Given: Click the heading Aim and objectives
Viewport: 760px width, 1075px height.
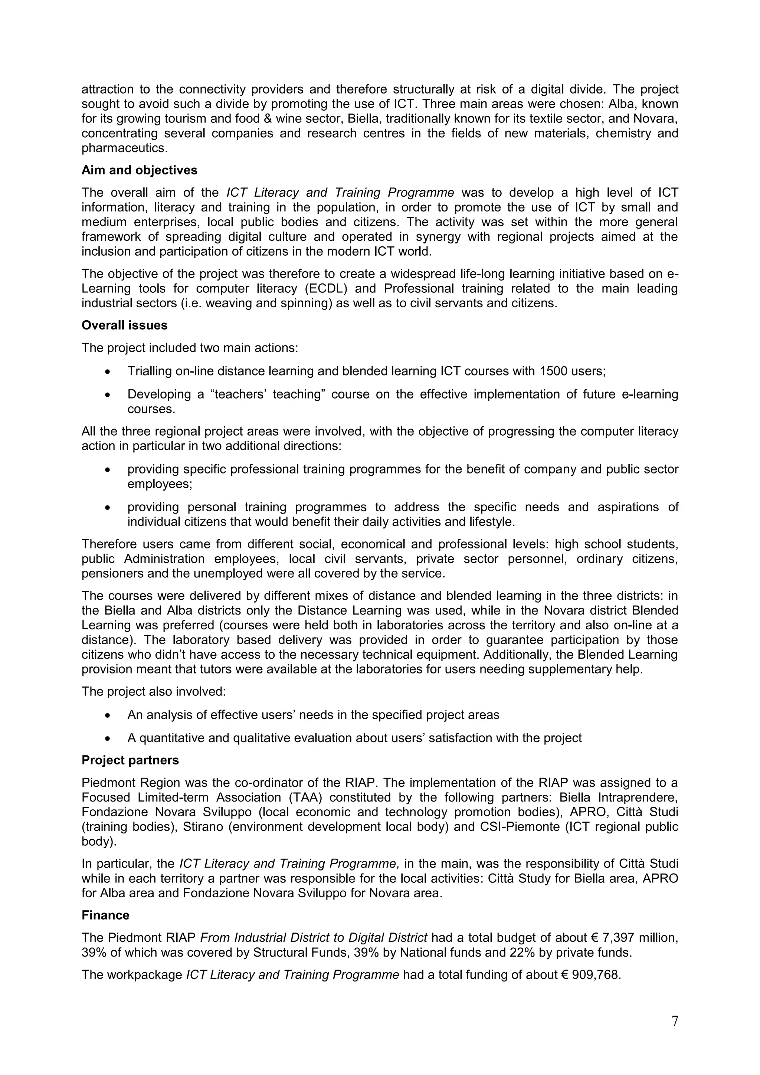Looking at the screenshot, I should [x=139, y=170].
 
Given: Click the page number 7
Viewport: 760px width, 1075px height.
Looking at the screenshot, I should [x=674, y=1021].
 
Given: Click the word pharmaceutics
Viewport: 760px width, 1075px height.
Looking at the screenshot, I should [x=124, y=148].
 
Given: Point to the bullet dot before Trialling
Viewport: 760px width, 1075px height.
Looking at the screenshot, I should [x=108, y=372].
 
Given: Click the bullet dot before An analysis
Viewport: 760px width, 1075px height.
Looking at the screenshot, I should [x=108, y=715].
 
